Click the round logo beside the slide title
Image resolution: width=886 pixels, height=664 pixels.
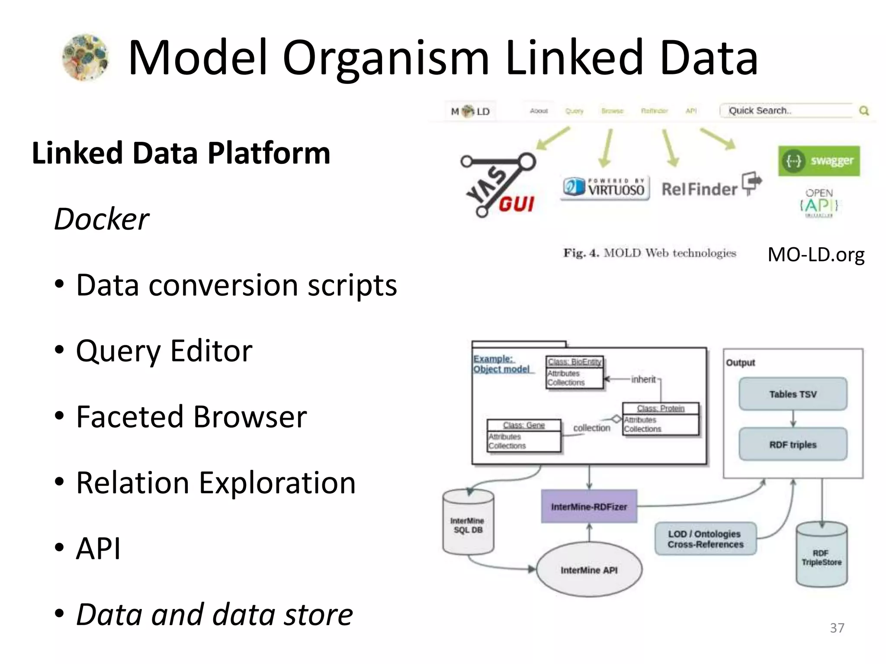tap(86, 57)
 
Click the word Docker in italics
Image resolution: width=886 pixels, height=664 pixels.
tap(102, 219)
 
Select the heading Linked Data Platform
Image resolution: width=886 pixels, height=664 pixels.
tap(181, 153)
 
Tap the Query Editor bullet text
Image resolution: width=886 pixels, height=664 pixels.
tap(164, 351)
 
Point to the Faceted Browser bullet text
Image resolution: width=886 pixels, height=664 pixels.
tap(191, 417)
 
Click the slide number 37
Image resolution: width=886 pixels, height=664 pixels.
tap(837, 628)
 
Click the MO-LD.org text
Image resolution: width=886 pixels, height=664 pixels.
tap(815, 255)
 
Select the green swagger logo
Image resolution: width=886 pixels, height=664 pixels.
tap(819, 161)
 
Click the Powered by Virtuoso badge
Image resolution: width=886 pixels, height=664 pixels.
tap(605, 188)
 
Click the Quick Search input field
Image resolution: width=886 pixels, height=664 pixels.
tap(787, 111)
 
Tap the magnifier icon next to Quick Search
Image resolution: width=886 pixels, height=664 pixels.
tap(864, 111)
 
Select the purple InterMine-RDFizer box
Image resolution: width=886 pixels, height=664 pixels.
tap(589, 507)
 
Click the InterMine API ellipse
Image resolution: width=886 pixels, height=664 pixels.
tap(589, 570)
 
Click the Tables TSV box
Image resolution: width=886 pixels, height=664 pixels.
tap(793, 394)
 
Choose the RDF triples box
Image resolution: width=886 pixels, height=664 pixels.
tap(793, 444)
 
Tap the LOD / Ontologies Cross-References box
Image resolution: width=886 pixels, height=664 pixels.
tap(705, 539)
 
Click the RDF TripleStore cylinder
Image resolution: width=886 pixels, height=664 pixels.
tap(821, 556)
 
